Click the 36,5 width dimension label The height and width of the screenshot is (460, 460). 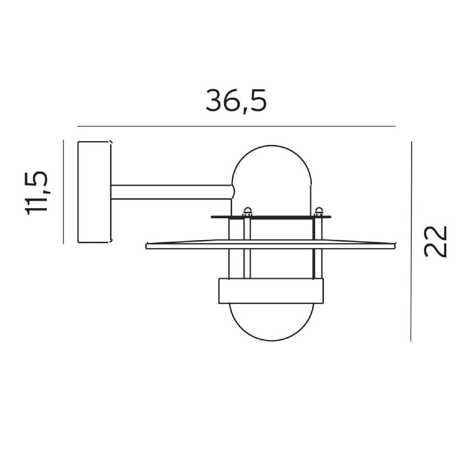coord(236,101)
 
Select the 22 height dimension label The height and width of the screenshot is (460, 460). coord(435,241)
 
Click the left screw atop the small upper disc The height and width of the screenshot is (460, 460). coord(247,212)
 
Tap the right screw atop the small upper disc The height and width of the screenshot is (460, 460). coord(319,212)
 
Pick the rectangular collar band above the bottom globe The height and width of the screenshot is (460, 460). coord(271,291)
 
